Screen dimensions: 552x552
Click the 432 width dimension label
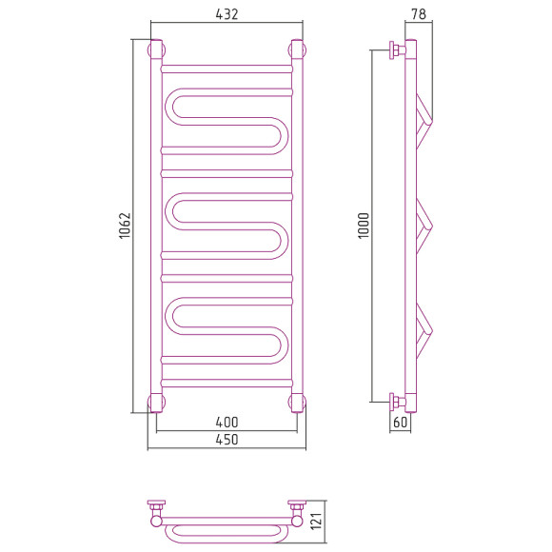227,14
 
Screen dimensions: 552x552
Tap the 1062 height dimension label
125,226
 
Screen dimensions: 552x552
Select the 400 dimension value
227,422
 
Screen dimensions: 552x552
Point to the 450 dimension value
227,440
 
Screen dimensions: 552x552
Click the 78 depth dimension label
419,14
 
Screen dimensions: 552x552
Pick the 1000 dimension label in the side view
364,226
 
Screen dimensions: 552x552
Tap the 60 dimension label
401,422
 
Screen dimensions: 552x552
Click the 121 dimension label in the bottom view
317,522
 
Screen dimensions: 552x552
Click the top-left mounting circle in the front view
156,49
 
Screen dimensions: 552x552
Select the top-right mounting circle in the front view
297,49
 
